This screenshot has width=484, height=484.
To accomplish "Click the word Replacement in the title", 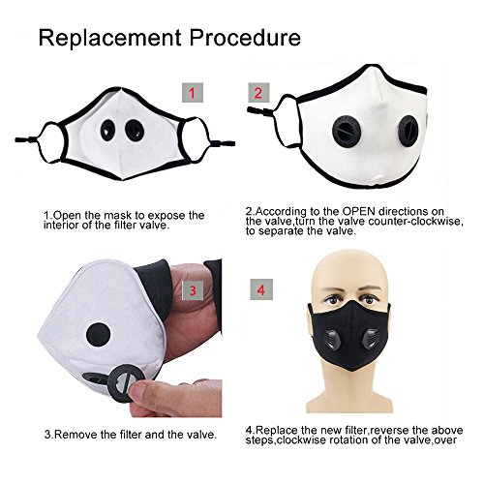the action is [x=109, y=38].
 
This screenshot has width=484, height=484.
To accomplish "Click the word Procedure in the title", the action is [x=245, y=38].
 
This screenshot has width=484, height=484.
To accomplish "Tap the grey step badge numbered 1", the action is [x=193, y=93].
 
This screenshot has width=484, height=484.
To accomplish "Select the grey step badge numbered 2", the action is [x=258, y=93].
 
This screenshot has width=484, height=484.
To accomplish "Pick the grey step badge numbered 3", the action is [x=193, y=290].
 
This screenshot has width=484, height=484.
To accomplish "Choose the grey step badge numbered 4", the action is [x=261, y=289].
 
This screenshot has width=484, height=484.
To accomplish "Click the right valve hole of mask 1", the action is [x=135, y=131].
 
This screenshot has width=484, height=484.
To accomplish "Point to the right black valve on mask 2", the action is [x=408, y=131].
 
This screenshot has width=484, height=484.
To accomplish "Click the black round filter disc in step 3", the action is [x=99, y=336].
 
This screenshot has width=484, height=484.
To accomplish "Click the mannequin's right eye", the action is [x=369, y=299].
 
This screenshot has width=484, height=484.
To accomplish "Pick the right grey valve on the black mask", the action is [x=371, y=341].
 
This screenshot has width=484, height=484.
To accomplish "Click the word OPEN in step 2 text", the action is [x=359, y=212].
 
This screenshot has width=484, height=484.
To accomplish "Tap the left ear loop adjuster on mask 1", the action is [x=26, y=140].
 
